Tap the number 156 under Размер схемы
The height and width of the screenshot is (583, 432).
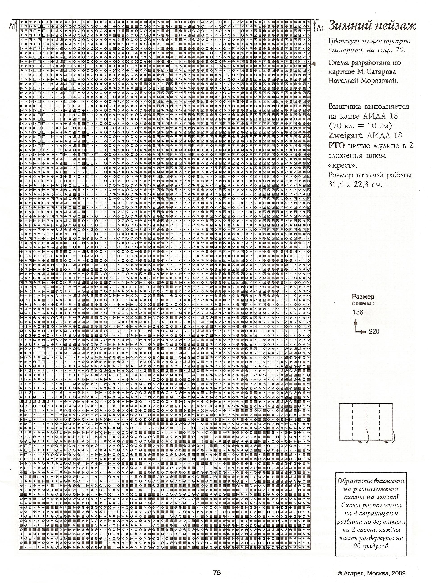pyautogui.click(x=358, y=312)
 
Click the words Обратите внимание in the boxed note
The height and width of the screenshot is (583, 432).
pyautogui.click(x=371, y=481)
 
